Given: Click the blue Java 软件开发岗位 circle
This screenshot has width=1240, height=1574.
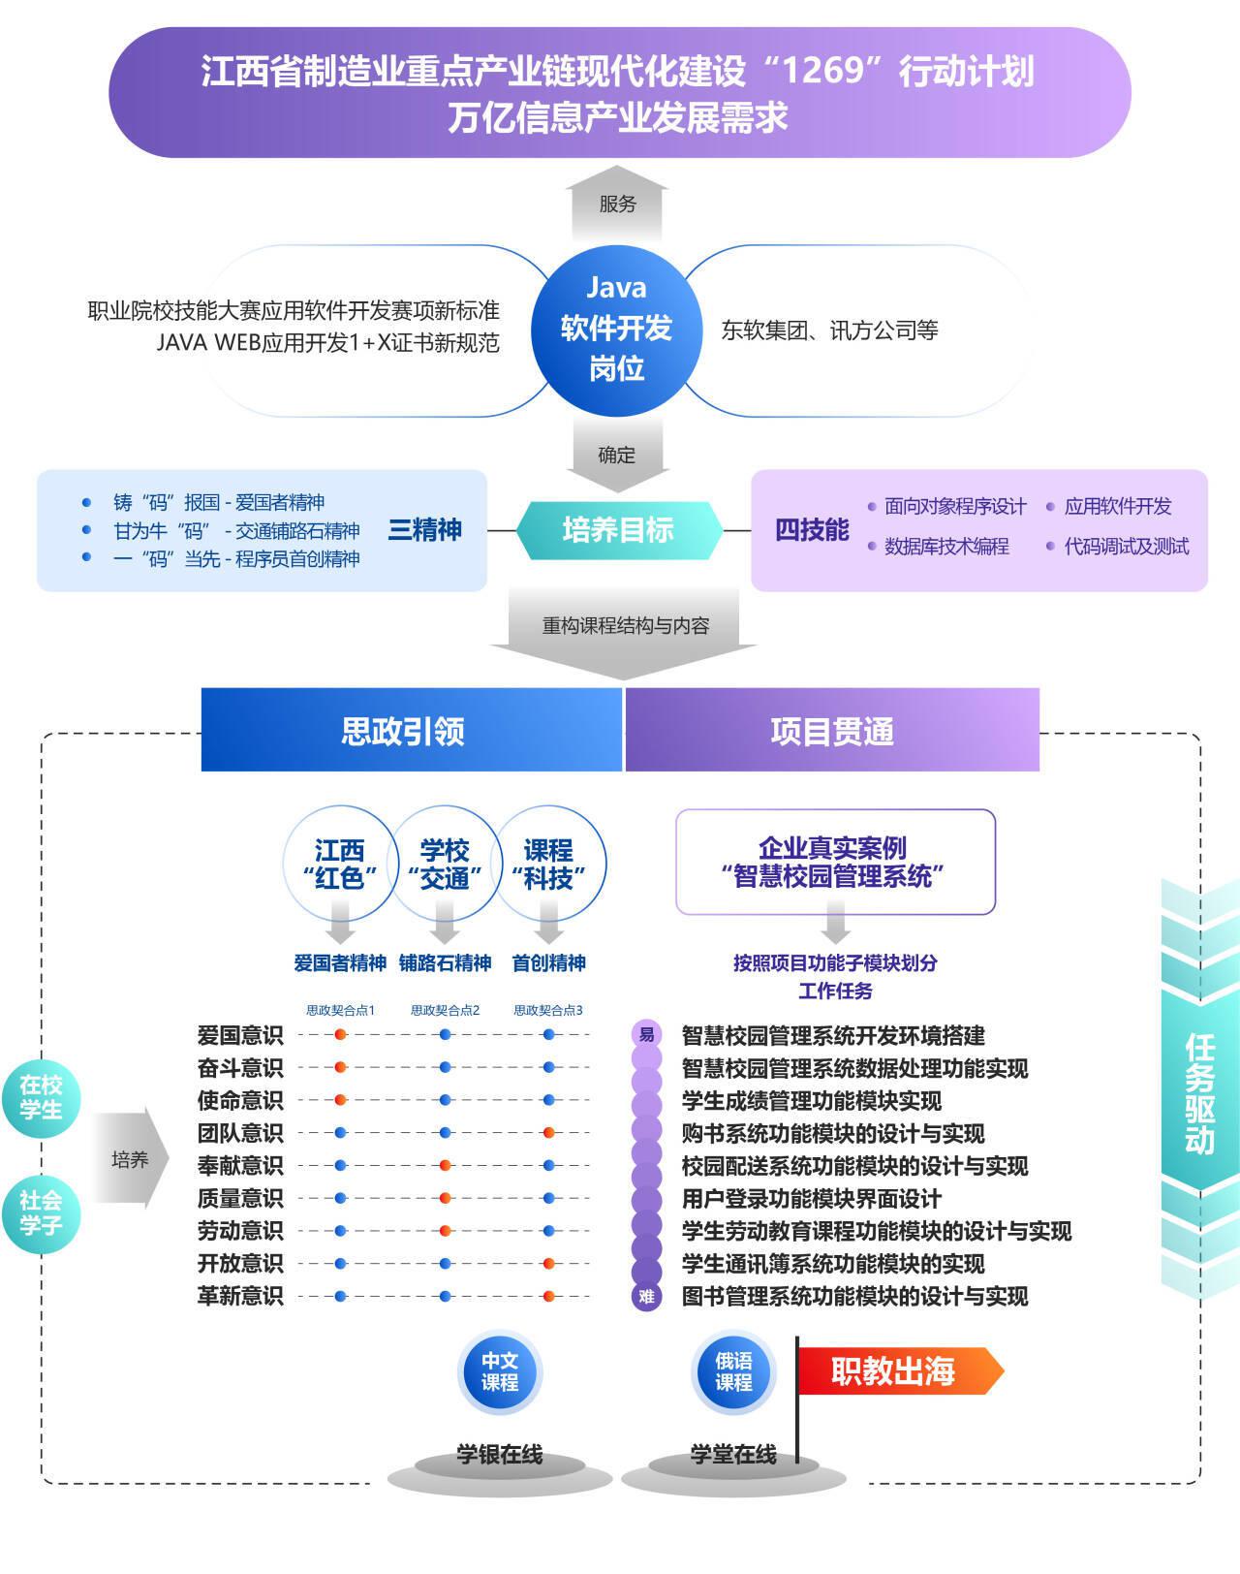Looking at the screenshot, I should pos(616,329).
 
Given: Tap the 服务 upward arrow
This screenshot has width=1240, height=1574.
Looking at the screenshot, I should pos(617,205).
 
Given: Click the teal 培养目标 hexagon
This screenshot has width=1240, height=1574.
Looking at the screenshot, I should pos(618,530).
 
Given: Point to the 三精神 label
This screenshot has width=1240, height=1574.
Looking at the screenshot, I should pos(424,530).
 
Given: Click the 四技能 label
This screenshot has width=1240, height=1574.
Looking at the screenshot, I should pos(812,530).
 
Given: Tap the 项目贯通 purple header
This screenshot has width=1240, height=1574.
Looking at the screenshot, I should pos(832,730).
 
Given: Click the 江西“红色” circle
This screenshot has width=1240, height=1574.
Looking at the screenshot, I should pos(339,864).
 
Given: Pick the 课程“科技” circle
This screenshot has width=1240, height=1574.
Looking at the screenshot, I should pos(549,864).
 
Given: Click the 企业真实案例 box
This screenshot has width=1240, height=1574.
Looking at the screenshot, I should pos(835,862).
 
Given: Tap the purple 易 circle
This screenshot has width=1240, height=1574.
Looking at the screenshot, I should pos(646,1034).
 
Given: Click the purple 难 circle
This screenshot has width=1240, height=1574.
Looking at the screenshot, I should pos(646,1296).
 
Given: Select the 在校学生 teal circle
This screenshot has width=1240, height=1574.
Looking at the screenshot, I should pos(41,1097).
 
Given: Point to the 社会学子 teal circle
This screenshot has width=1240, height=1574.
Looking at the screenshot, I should pos(41,1212).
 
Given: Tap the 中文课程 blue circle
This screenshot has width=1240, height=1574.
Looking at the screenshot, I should pos(500,1371).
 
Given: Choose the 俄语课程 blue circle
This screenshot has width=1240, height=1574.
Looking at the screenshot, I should pos(733,1371).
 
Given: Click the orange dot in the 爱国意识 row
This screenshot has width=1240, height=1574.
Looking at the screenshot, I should pos(340,1035).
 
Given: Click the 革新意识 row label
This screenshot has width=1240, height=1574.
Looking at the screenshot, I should pos(240,1296).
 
